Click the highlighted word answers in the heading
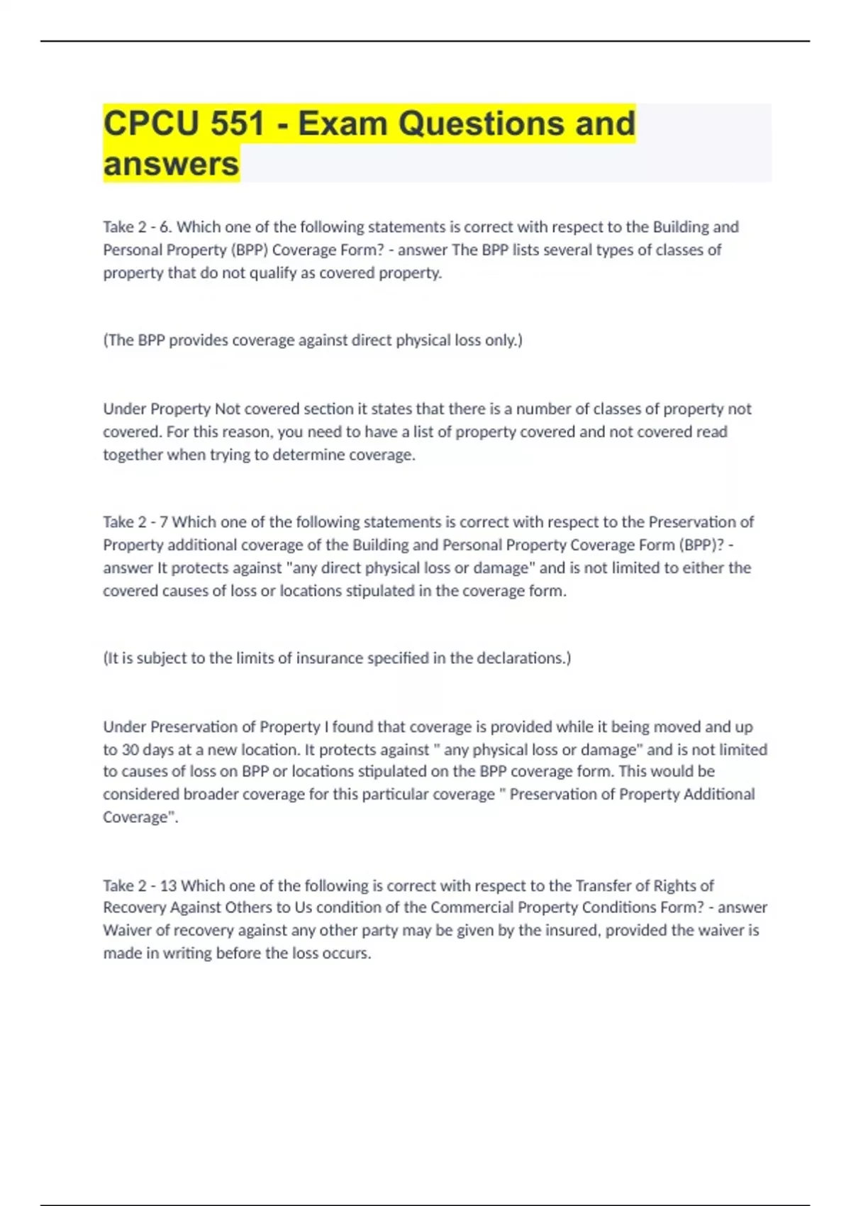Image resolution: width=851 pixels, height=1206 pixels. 171,164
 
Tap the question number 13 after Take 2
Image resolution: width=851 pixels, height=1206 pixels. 168,885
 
